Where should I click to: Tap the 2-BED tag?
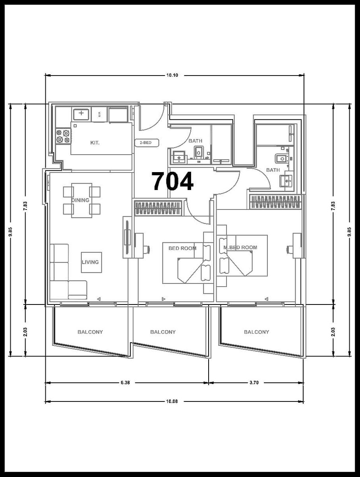pos(147,143)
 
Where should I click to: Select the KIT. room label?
pos(95,143)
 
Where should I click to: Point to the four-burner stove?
pos(64,136)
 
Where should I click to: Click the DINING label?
pos(80,200)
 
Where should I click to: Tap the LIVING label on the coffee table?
pos(90,262)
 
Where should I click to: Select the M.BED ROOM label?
pos(240,247)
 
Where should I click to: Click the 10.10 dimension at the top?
pos(172,76)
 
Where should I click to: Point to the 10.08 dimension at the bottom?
pos(172,401)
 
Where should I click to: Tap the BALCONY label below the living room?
pos(90,332)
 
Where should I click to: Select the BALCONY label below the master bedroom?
pos(256,332)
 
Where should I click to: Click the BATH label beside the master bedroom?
pos(273,170)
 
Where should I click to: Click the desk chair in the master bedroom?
pos(290,249)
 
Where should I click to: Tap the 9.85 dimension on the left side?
pos(11,233)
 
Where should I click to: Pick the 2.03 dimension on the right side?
pos(333,332)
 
